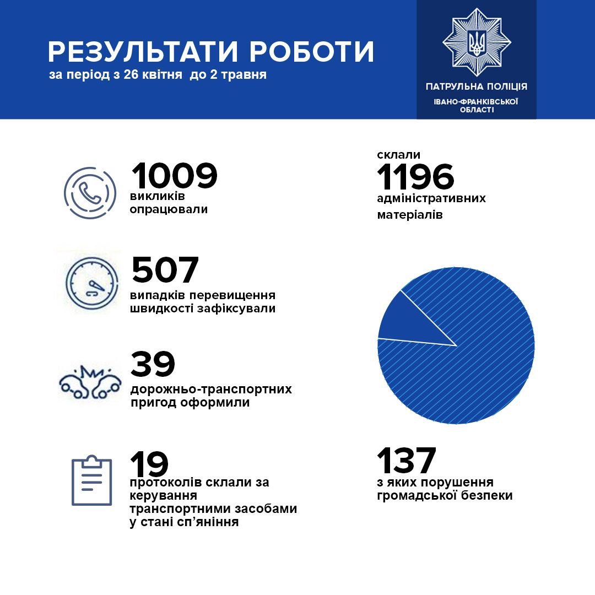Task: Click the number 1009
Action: click(x=174, y=176)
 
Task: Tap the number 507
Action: click(x=165, y=270)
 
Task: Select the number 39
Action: click(x=153, y=364)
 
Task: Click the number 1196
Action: click(x=415, y=178)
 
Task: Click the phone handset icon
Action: click(x=90, y=193)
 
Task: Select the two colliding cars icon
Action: click(x=90, y=382)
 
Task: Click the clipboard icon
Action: click(x=91, y=481)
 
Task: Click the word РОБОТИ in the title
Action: click(x=312, y=52)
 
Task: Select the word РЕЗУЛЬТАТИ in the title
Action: click(x=142, y=52)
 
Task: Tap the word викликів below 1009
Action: click(x=158, y=197)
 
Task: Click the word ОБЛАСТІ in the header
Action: click(x=477, y=109)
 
